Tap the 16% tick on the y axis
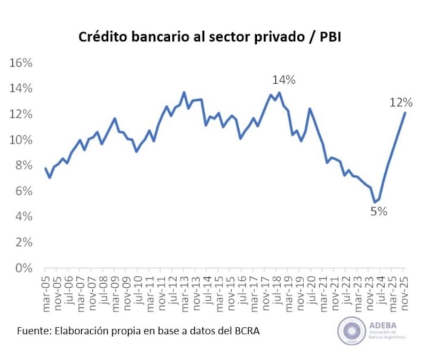(21, 63)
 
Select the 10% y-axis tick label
(21, 140)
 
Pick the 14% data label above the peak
(283, 81)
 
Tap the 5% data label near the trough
(378, 211)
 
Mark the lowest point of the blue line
(375, 202)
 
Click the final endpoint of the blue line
(405, 113)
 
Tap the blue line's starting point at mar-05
(45, 169)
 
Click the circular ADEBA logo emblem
(351, 331)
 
